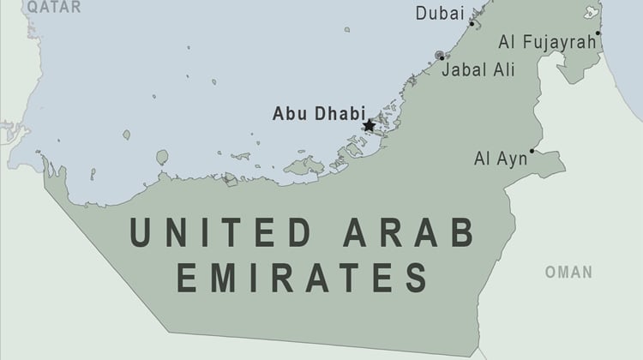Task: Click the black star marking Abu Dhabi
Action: coord(369,125)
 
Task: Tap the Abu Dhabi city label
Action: coord(319,112)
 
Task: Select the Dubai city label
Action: coord(439,14)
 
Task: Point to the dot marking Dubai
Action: coord(471,24)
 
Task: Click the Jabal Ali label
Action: coord(478,70)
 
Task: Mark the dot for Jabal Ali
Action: coord(442,57)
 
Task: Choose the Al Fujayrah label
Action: coord(545,42)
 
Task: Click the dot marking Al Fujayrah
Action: coord(598,33)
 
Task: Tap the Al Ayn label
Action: coord(501,159)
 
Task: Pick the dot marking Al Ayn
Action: coord(532,151)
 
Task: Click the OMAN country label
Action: coord(568,273)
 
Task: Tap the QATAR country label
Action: coord(53,7)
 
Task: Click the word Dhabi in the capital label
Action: coord(340,112)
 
